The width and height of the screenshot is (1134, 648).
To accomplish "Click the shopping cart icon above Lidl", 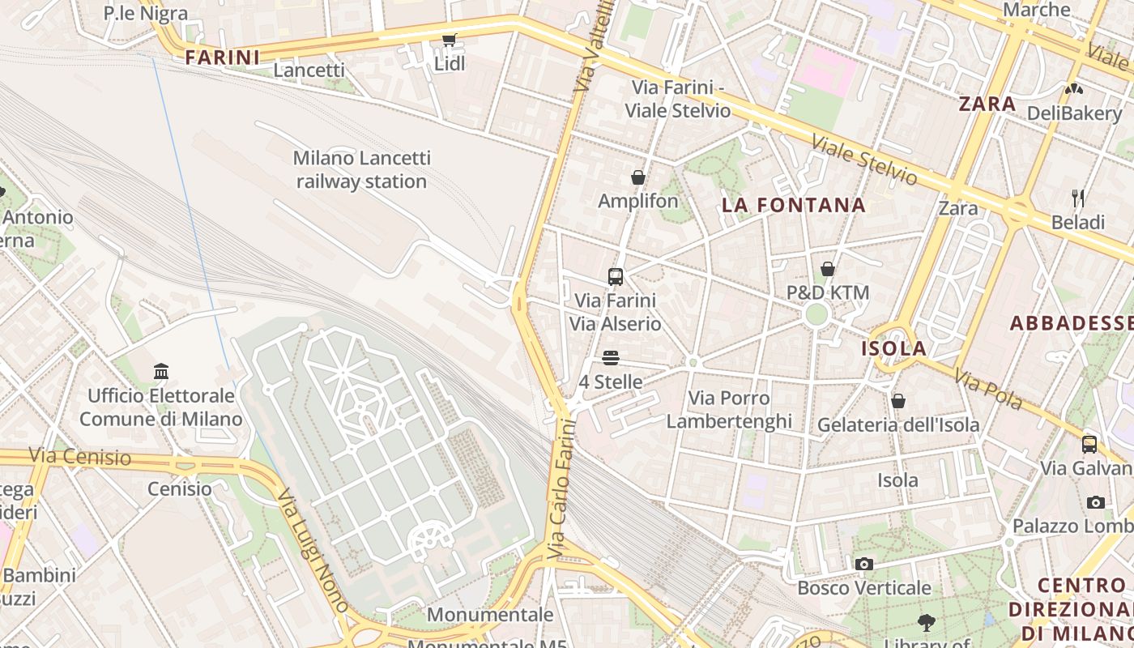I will [x=449, y=40].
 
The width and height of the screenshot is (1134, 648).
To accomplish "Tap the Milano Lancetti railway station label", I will [x=361, y=169].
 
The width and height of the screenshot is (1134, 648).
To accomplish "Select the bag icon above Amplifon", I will [x=638, y=177].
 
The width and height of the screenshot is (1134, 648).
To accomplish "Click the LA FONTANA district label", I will [x=794, y=206].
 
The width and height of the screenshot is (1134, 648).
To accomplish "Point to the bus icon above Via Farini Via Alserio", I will [x=616, y=277].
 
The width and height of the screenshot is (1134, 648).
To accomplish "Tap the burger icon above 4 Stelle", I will [x=611, y=358].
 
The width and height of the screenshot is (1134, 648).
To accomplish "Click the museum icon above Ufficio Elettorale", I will [x=161, y=372].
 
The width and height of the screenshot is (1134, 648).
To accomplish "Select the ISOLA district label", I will [x=893, y=349].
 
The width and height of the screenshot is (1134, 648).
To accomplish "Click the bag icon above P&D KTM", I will [x=828, y=269].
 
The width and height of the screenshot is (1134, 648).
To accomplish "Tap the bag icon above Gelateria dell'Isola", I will [x=897, y=401].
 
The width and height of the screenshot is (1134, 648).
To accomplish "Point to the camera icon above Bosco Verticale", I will [x=864, y=564].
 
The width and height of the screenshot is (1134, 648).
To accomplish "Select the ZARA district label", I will [x=987, y=104].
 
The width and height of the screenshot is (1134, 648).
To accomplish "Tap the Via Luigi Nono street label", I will [x=313, y=550].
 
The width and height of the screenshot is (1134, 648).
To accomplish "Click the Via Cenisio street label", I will [x=79, y=457].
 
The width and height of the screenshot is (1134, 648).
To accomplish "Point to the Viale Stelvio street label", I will [x=864, y=160].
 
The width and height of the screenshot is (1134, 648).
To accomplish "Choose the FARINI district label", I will [x=222, y=58].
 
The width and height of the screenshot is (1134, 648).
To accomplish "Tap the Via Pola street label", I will [x=987, y=390].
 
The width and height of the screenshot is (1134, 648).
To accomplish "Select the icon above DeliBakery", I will [x=1074, y=89].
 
